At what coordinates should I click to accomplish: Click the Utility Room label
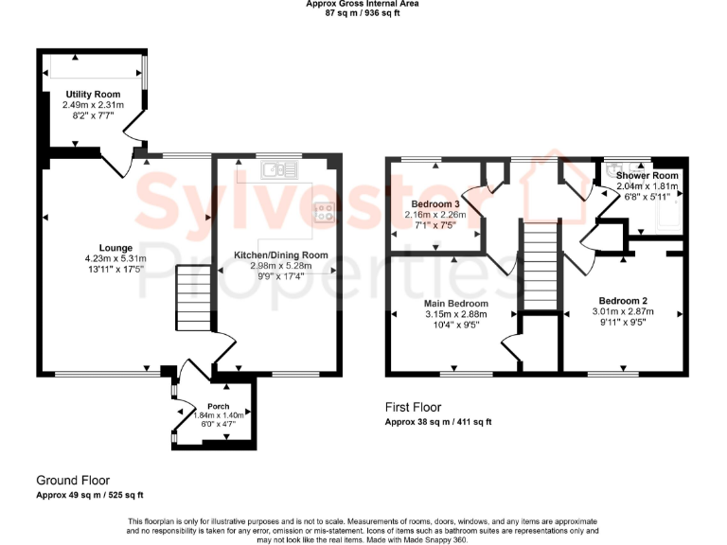click(x=93, y=94)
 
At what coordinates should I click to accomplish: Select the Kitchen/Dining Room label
click(x=281, y=255)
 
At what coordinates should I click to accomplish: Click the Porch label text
click(x=205, y=406)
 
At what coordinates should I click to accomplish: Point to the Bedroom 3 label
click(x=435, y=204)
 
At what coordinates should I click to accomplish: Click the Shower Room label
click(x=647, y=176)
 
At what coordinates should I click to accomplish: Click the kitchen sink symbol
click(x=280, y=169)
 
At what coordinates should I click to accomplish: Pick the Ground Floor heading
click(x=73, y=480)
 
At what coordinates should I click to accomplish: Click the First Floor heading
click(x=413, y=407)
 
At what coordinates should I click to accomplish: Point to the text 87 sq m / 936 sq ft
click(x=363, y=14)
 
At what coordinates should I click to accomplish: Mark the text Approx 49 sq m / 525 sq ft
click(x=90, y=495)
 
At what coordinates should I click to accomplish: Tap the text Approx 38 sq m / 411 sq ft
click(x=438, y=422)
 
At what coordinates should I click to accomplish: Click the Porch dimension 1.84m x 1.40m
click(x=205, y=415)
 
